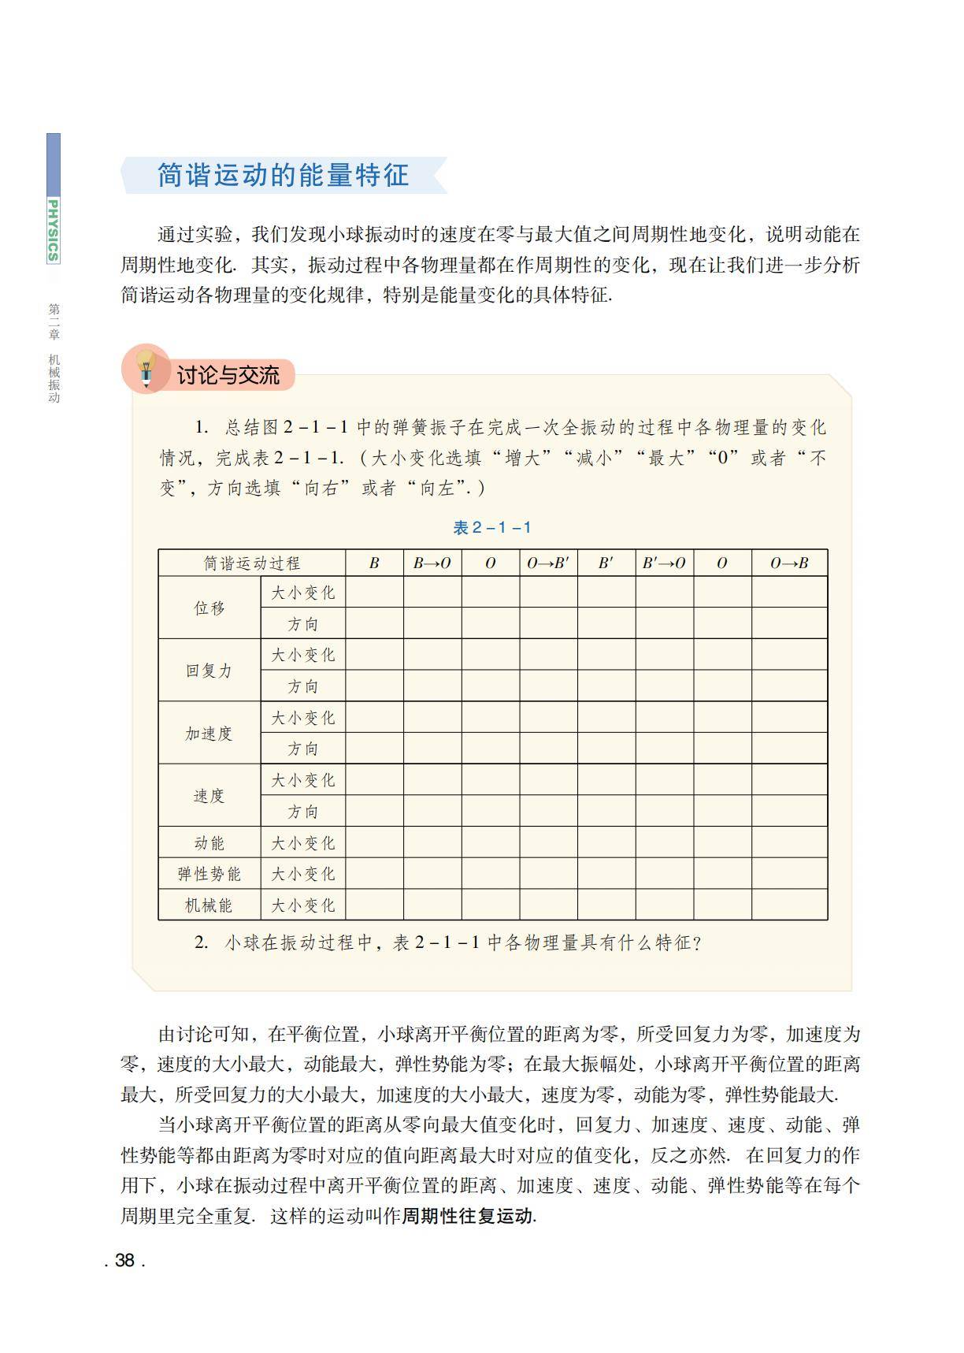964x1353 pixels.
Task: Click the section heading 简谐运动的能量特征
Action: [283, 175]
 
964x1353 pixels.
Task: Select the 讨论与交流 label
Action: [228, 375]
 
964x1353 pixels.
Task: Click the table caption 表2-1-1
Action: [492, 528]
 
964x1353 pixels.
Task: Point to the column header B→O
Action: [432, 563]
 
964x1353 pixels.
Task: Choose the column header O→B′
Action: [548, 563]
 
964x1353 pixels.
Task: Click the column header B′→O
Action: [664, 563]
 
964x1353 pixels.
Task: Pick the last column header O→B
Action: [789, 563]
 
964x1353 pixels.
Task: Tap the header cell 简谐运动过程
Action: [252, 563]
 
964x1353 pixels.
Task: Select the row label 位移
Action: [209, 608]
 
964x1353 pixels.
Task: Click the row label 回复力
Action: [209, 671]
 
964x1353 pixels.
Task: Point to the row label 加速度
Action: [209, 733]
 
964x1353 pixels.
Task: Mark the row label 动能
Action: [209, 842]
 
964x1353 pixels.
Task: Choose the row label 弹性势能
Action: [209, 874]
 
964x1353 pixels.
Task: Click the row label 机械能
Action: [209, 905]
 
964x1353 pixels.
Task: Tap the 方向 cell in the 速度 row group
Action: [303, 812]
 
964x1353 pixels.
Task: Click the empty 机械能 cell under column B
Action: [374, 905]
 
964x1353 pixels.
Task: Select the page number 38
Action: [124, 1260]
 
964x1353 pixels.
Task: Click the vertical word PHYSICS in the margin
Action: [53, 229]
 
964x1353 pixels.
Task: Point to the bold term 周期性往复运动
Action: [468, 1216]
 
